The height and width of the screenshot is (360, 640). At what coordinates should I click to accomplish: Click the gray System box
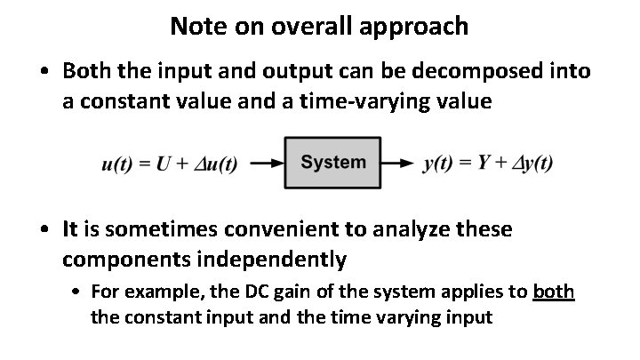coord(332,163)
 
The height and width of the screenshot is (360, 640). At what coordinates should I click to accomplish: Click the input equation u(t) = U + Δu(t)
coord(170,164)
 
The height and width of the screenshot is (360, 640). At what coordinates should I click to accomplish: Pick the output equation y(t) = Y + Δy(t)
coord(488,164)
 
